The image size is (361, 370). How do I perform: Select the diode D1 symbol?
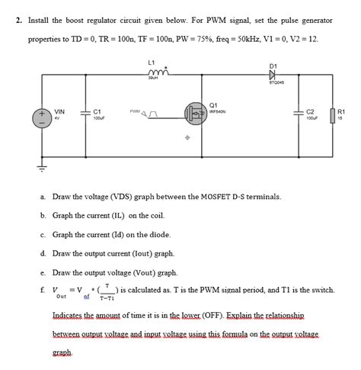point(273,74)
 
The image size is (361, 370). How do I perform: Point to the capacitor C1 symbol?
point(86,114)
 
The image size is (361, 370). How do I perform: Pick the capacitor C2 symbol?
point(299,114)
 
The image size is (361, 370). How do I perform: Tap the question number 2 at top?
point(18,21)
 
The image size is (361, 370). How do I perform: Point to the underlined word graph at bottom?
point(62,353)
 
